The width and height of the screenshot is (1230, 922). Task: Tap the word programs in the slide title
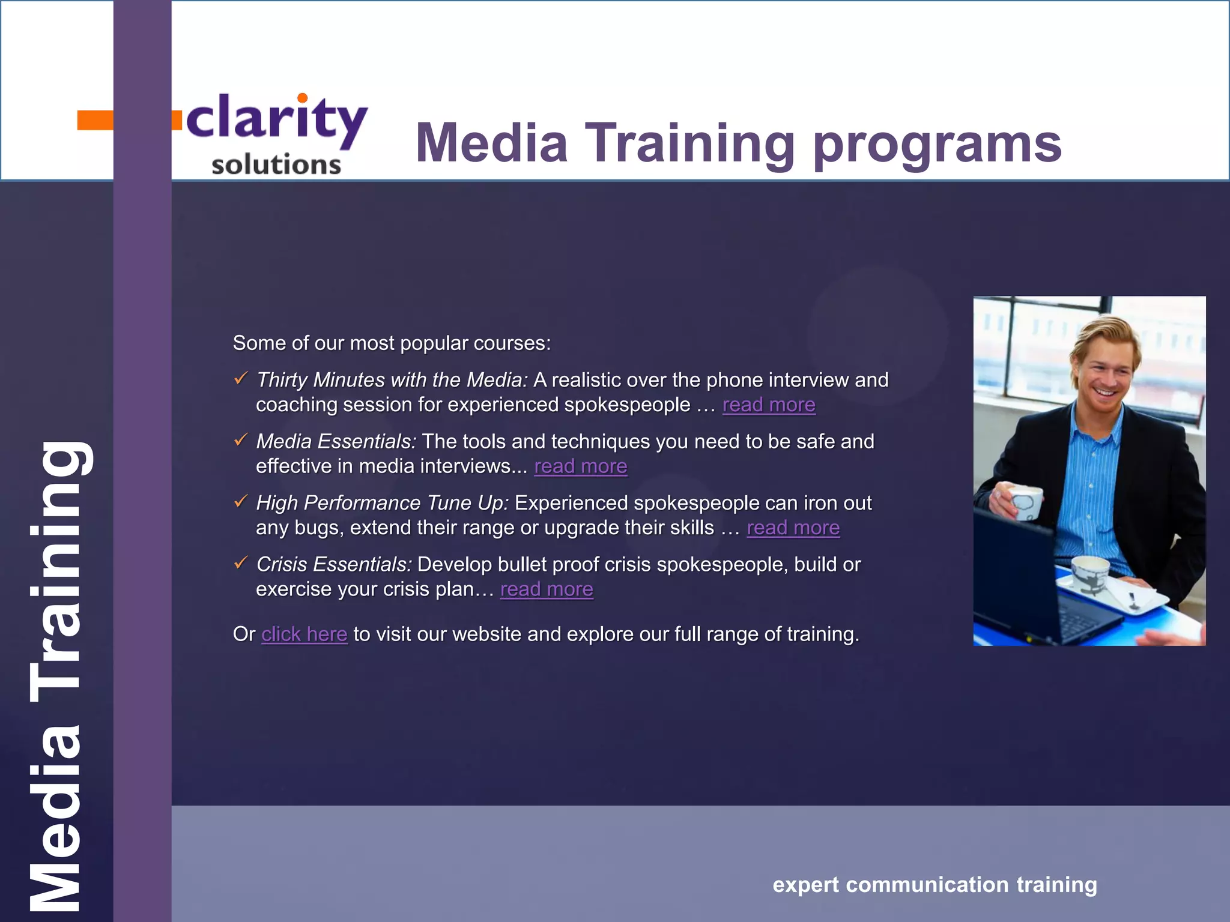click(937, 144)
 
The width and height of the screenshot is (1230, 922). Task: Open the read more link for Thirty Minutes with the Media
click(768, 405)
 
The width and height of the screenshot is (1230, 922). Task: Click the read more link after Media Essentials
click(580, 466)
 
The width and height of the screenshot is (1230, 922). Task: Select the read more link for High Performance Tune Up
click(793, 528)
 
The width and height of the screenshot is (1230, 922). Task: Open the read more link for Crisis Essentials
click(547, 589)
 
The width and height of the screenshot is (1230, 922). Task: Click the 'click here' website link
click(304, 634)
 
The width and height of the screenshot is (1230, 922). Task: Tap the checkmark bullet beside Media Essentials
click(241, 440)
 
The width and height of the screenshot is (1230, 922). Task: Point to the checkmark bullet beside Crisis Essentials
click(241, 563)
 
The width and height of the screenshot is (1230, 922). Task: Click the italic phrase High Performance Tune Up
click(382, 503)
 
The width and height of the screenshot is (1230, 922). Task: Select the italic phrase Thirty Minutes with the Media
click(392, 380)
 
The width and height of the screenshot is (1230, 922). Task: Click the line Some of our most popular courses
click(392, 343)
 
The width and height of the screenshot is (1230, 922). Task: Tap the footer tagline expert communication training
click(935, 885)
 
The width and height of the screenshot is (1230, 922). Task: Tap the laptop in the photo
click(1021, 588)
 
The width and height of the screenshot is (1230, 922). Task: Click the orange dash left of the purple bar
click(95, 120)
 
